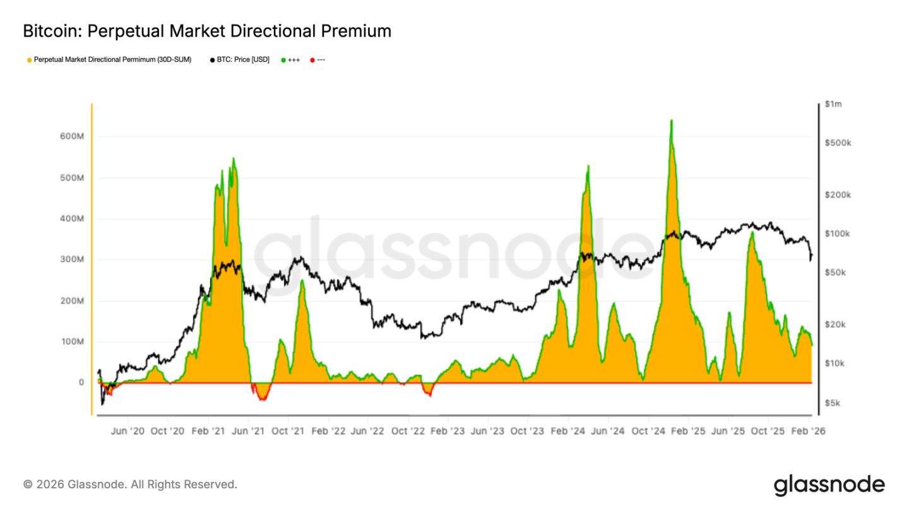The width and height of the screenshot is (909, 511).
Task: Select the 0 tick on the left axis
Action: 81,382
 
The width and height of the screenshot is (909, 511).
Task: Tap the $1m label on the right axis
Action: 833,104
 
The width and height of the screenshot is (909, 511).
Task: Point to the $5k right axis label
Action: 833,403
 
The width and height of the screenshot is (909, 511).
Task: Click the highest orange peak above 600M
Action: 671,121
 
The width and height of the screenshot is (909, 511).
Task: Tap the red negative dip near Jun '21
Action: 262,396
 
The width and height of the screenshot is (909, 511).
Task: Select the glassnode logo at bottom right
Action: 829,485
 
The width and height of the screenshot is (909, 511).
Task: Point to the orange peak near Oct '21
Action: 302,281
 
